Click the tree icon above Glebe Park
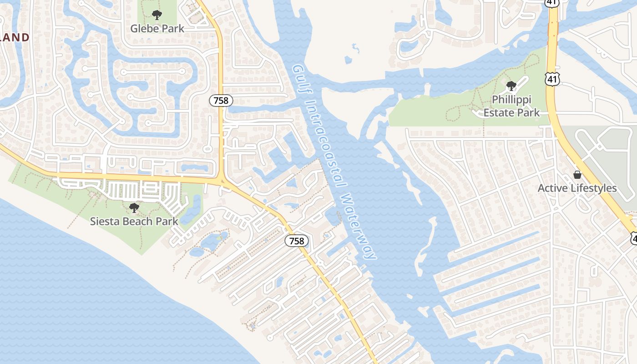pos(157,15)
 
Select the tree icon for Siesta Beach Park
pos(134,208)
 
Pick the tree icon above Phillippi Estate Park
pos(511,86)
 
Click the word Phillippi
pos(511,99)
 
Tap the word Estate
pos(499,112)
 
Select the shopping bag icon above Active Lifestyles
pos(577,175)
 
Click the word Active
pos(552,188)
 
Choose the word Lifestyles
pos(592,188)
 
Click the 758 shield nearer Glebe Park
pos(221,100)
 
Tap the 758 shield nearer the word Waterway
pos(297,241)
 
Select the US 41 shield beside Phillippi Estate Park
pos(552,79)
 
